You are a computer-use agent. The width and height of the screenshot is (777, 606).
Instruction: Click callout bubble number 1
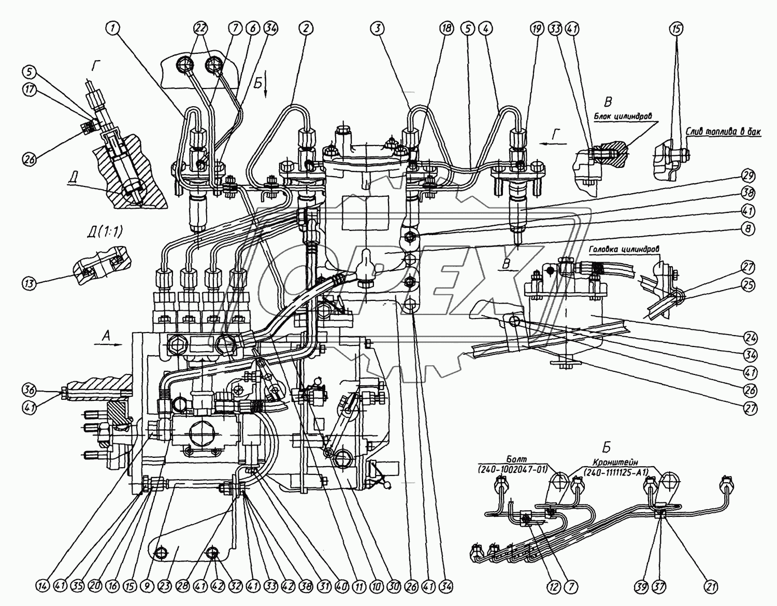114,29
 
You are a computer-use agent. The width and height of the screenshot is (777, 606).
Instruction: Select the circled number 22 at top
200,29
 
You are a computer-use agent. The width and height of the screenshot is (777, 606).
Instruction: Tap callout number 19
537,29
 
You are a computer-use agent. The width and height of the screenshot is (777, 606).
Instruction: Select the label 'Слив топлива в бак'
724,133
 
